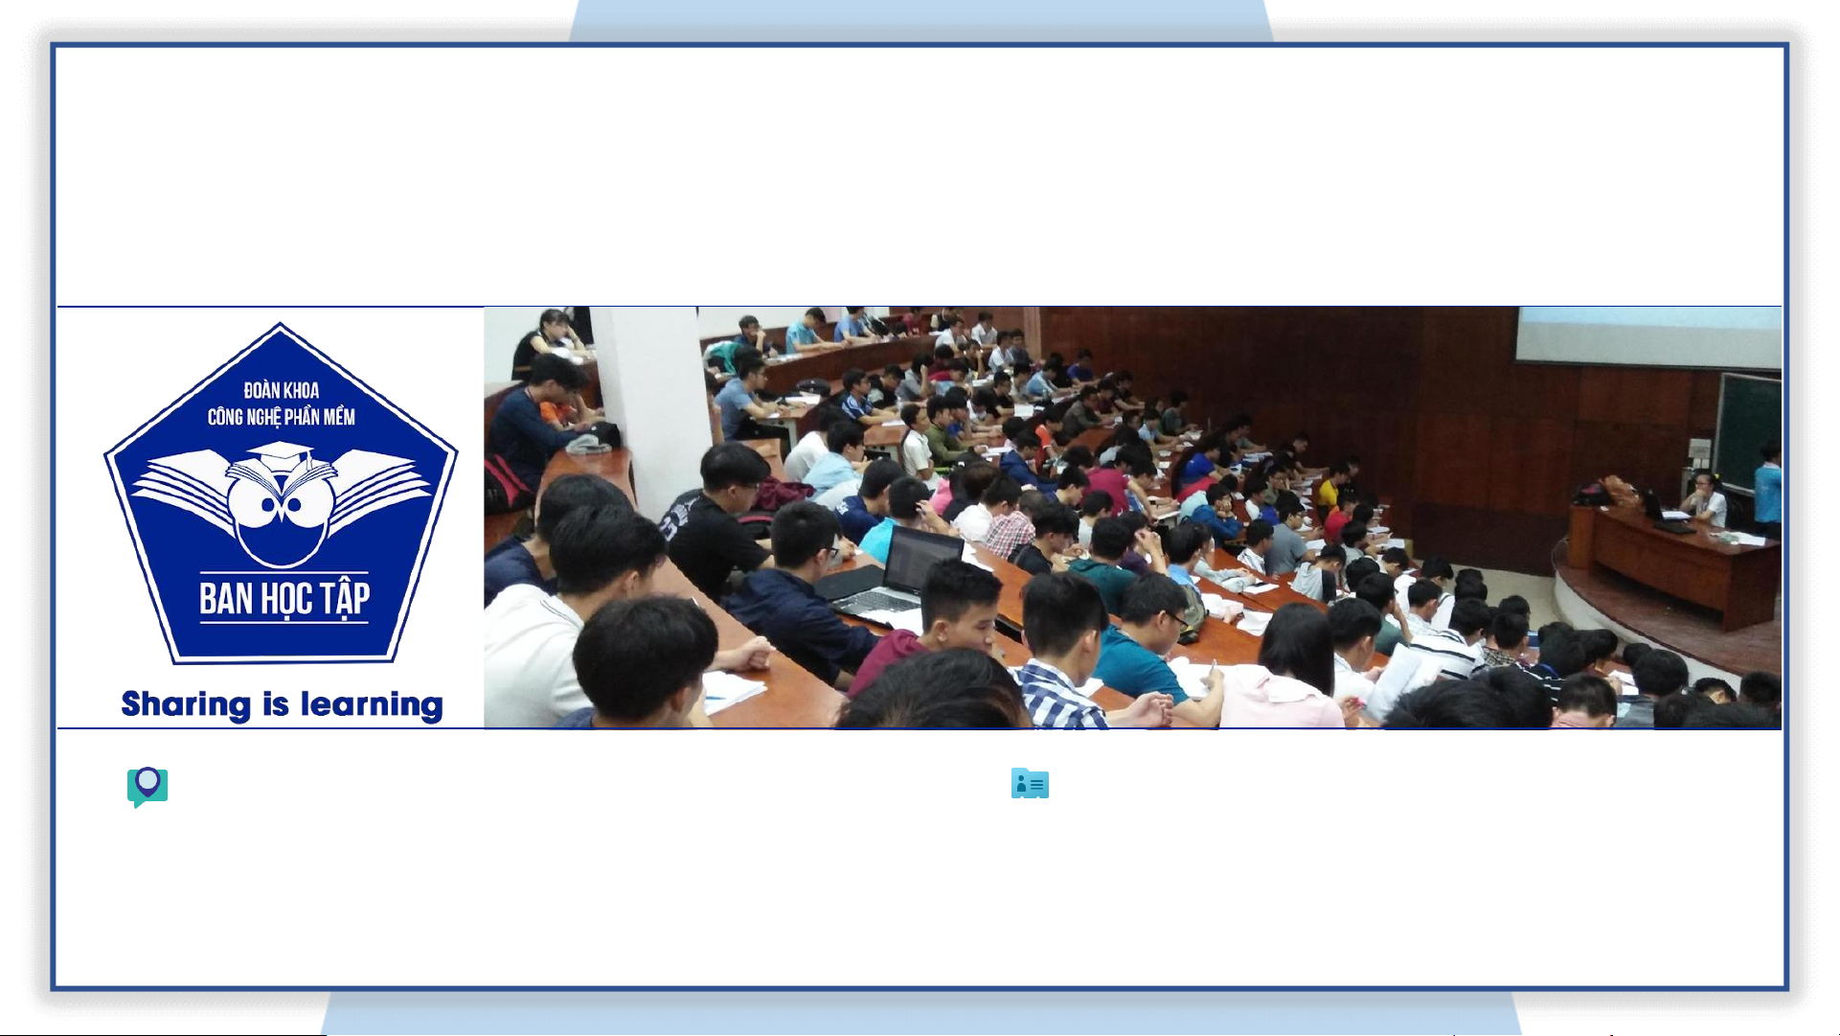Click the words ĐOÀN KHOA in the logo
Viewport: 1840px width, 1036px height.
281,390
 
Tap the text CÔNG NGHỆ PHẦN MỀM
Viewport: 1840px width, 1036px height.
282,417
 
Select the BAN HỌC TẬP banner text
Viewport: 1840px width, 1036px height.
284,599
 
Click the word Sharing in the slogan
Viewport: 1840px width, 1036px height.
186,705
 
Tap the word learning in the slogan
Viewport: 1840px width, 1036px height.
372,705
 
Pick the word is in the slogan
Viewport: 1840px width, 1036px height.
276,704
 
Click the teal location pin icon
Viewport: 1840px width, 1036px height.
148,787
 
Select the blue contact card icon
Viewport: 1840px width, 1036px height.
1030,784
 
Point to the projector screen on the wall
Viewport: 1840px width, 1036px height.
1647,337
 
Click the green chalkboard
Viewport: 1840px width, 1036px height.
1748,426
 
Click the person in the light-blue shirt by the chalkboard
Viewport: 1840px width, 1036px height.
1768,489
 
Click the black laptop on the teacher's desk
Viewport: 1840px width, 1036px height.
1667,514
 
